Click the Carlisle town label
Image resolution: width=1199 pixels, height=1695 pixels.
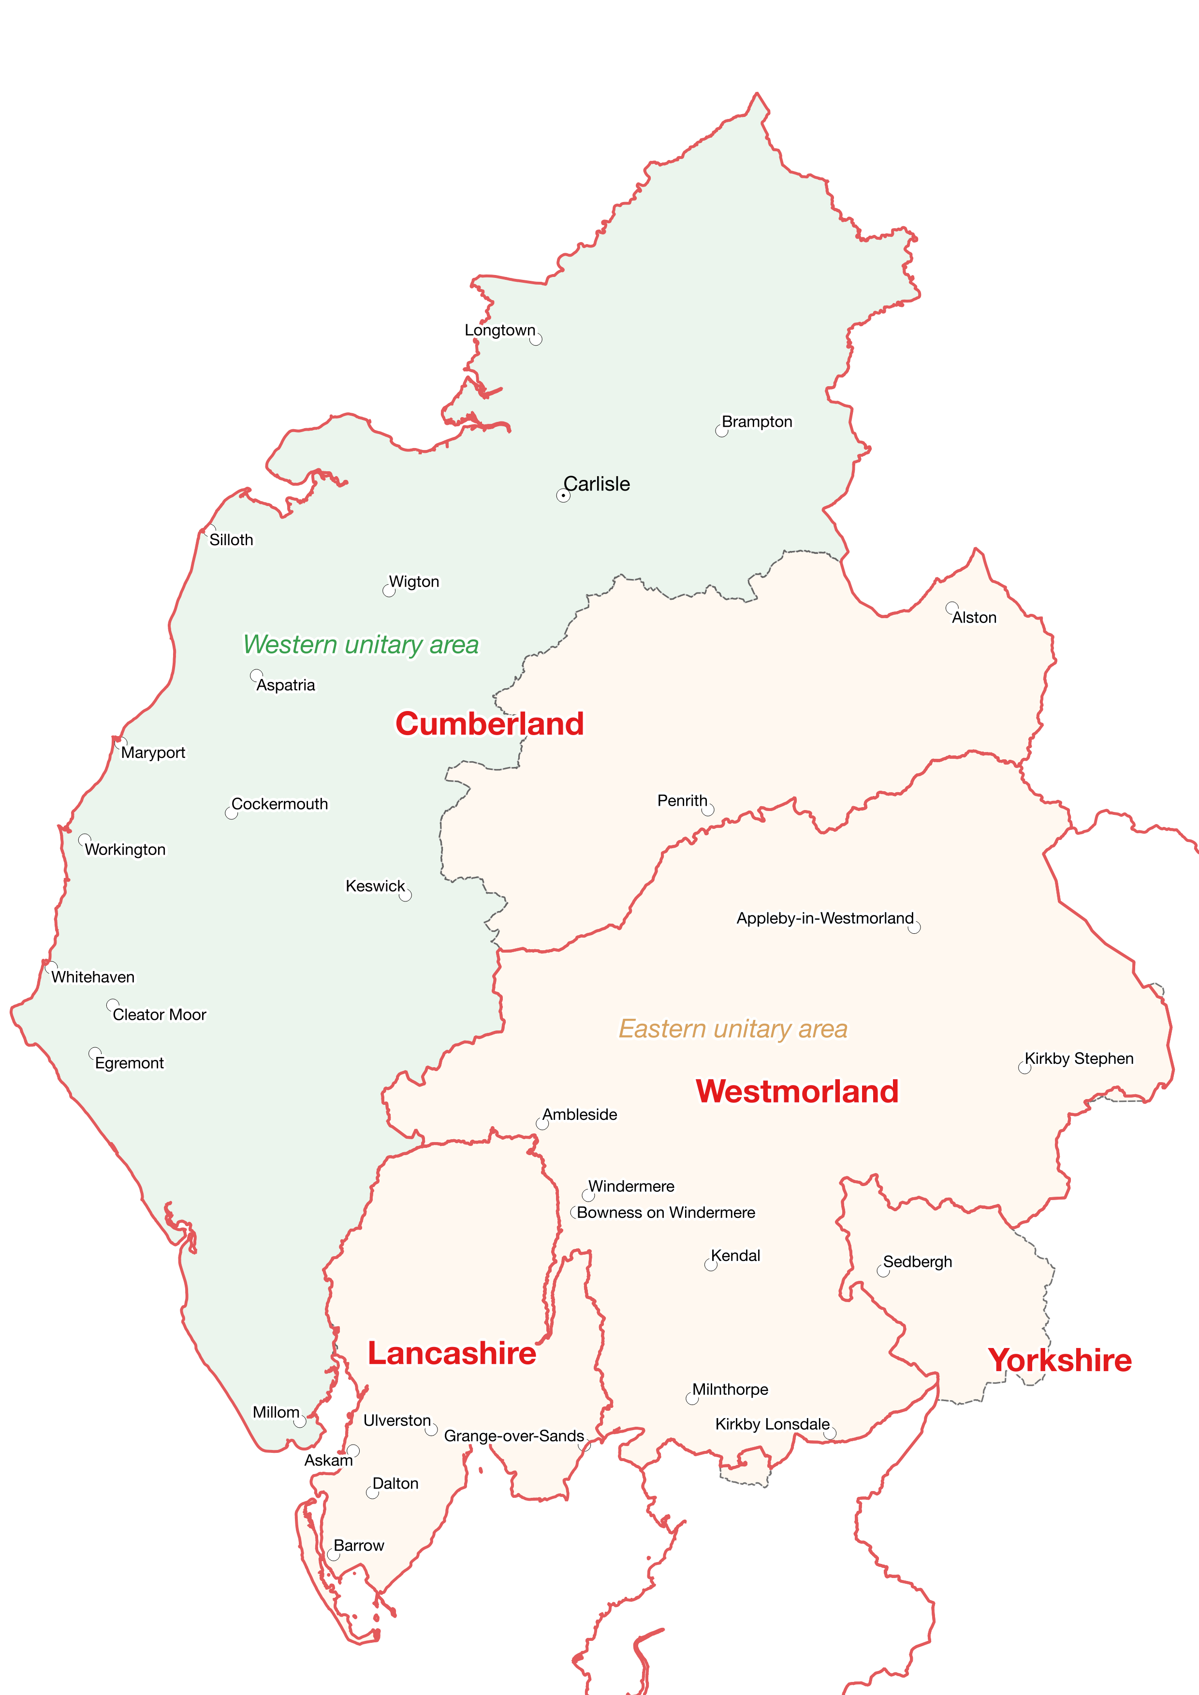click(x=597, y=484)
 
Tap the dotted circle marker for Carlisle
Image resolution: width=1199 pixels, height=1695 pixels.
click(x=563, y=496)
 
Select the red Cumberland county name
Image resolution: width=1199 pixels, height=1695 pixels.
click(x=489, y=724)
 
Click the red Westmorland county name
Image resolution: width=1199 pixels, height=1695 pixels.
click(x=797, y=1091)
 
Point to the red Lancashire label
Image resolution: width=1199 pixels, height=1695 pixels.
click(x=452, y=1353)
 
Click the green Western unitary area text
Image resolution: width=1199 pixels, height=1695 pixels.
click(x=361, y=644)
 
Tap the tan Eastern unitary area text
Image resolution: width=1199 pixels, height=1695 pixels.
click(x=732, y=1029)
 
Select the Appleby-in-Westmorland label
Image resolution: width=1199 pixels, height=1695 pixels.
click(x=825, y=918)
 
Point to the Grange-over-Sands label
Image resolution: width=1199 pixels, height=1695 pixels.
click(x=514, y=1436)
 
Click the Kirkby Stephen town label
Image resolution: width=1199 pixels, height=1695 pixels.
click(x=1079, y=1058)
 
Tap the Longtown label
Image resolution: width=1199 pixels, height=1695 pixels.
click(x=500, y=330)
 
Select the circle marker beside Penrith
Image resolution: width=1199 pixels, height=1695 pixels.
click(x=708, y=810)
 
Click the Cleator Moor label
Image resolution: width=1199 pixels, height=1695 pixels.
click(x=160, y=1014)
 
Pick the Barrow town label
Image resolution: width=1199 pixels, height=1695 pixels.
click(x=359, y=1545)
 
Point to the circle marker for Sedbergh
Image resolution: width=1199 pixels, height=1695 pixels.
click(x=883, y=1271)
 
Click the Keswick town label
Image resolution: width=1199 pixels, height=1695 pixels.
click(x=375, y=886)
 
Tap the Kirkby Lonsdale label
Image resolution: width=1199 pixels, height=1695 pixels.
click(x=772, y=1424)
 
